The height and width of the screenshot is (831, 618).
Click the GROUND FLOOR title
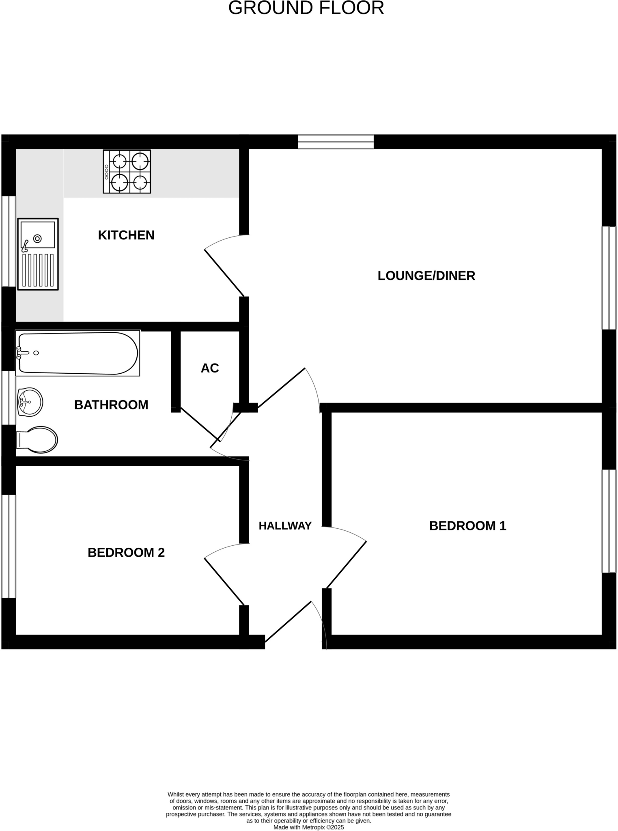(306, 8)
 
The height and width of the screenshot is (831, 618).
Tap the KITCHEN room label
(126, 235)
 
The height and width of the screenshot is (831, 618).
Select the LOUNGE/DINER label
(426, 276)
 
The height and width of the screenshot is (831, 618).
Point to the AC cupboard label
(210, 368)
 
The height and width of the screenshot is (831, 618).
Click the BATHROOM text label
(111, 405)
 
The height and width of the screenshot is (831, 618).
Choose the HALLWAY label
(285, 526)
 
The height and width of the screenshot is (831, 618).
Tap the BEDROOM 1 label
(467, 526)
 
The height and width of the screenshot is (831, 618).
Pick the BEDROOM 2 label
(126, 553)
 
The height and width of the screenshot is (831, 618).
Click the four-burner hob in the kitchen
(127, 172)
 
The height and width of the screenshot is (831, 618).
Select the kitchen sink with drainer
(38, 254)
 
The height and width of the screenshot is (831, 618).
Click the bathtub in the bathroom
(78, 353)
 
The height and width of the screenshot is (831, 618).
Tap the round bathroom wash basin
(30, 402)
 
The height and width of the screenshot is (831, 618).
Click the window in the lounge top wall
(336, 142)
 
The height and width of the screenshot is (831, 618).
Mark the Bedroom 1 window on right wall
(609, 521)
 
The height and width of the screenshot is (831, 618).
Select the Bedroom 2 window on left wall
(9, 546)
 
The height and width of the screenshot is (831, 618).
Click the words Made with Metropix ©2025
(308, 827)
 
